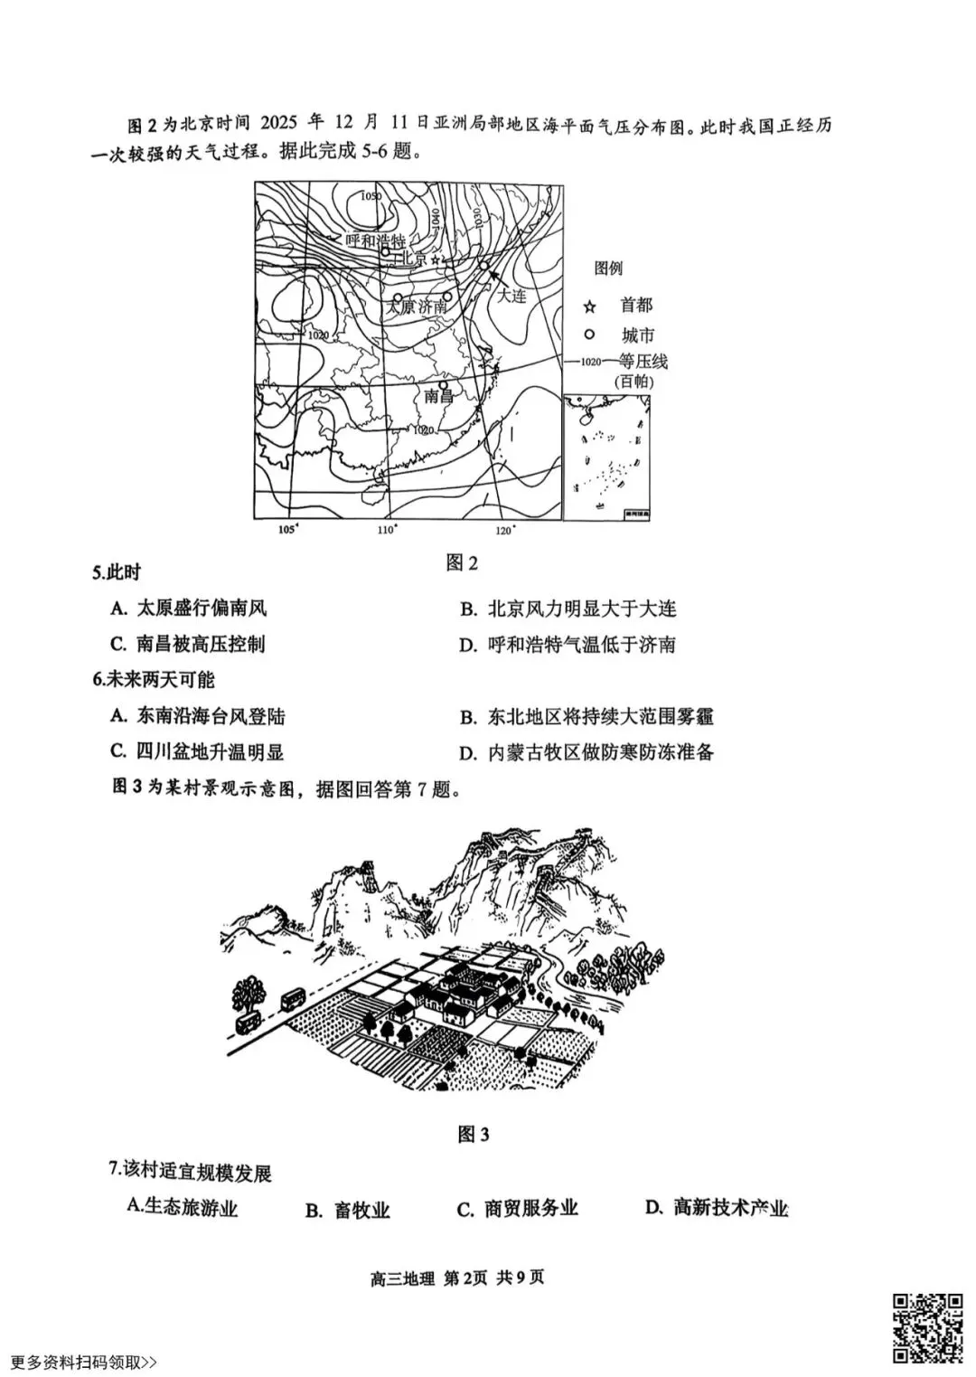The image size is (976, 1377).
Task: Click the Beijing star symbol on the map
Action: (x=437, y=259)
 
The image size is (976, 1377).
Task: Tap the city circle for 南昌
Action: (x=443, y=383)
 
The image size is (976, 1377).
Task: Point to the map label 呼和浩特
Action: (x=374, y=240)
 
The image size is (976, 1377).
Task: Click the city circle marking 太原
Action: (x=397, y=297)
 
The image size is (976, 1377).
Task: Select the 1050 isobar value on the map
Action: (x=371, y=196)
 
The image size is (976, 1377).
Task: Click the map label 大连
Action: (x=511, y=295)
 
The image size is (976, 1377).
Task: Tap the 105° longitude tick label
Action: (x=287, y=530)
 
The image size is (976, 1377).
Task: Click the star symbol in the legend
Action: (x=590, y=307)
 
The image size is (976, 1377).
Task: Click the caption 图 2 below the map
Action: (x=462, y=563)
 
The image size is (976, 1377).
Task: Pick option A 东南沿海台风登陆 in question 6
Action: (x=198, y=716)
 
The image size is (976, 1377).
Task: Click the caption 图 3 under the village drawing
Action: (x=474, y=1134)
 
